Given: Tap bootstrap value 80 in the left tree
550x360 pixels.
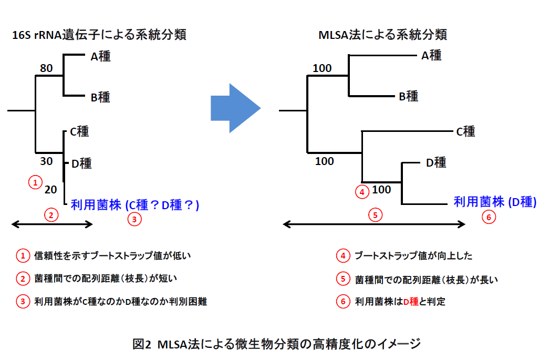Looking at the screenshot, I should point(46,68).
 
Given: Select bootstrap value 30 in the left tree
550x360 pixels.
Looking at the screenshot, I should point(46,161).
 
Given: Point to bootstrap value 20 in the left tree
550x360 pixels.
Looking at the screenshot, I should point(50,189).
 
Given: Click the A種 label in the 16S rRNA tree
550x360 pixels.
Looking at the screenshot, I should point(100,56).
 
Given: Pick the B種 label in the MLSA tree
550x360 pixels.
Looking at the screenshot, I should point(408,96).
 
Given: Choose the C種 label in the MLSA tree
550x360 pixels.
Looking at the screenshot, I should point(465,131).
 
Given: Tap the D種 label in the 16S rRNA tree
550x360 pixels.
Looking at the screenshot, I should point(81,163).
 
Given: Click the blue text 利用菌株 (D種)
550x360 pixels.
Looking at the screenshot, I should point(495,201).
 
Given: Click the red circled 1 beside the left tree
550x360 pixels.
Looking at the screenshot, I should point(34,182).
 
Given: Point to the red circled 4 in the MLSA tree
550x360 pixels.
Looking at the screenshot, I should point(362,192).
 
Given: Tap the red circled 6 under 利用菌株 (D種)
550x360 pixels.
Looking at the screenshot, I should point(489,217).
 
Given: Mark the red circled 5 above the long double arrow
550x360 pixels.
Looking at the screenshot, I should point(374,214).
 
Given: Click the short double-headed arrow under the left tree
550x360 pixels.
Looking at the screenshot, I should point(52,224).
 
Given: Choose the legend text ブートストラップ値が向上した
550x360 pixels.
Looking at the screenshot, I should point(413,256).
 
